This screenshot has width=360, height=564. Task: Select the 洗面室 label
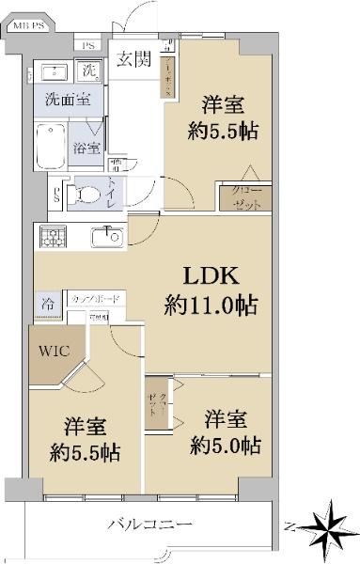57,97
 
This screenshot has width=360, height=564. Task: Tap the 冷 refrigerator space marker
47,303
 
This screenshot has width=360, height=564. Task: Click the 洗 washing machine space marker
89,70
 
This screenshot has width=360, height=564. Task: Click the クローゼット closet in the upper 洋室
247,196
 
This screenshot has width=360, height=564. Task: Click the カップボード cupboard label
97,300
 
